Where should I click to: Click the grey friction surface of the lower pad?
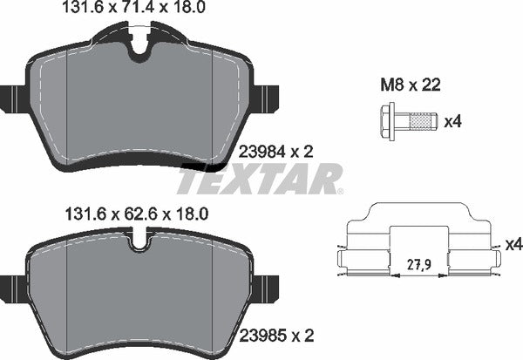pyautogui.click(x=139, y=292)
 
